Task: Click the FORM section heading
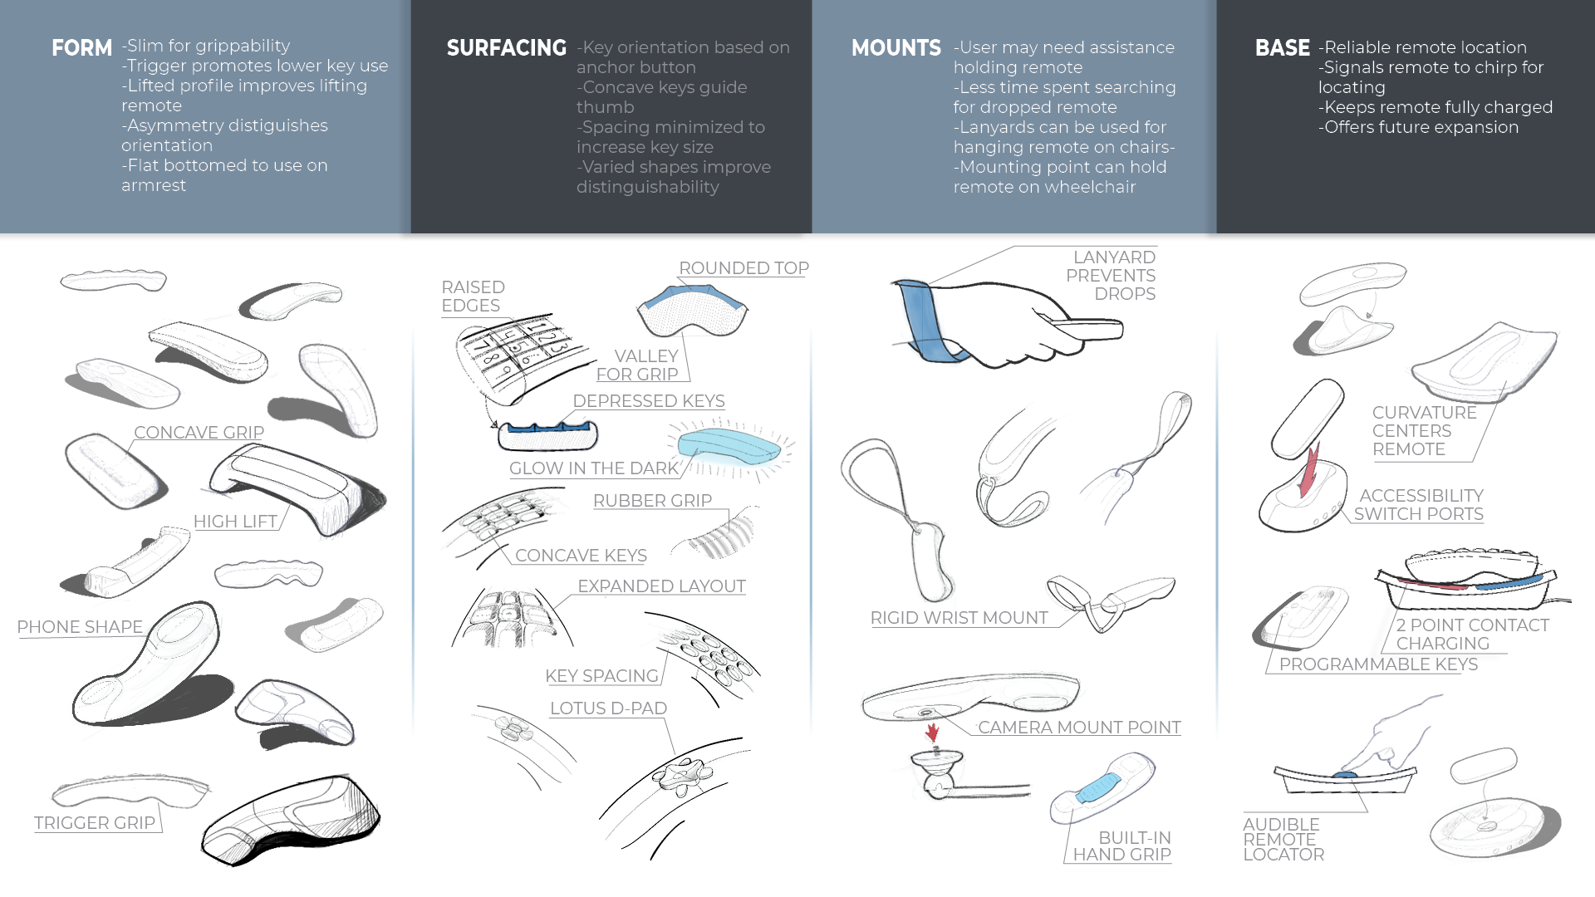(x=81, y=48)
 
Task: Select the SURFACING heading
(x=506, y=48)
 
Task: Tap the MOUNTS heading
(x=896, y=48)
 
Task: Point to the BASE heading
(x=1282, y=48)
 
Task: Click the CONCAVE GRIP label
(x=199, y=433)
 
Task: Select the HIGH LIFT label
(x=235, y=522)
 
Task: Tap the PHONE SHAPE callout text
(x=80, y=627)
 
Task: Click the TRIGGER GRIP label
(x=95, y=823)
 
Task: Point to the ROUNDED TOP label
(x=744, y=268)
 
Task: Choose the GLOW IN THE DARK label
(x=594, y=468)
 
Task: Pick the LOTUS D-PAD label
(x=608, y=708)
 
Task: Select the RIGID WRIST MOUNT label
(x=959, y=618)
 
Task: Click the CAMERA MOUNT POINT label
(x=1079, y=728)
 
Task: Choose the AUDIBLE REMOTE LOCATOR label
(x=1283, y=839)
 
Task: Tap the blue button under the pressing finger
(x=1344, y=775)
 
